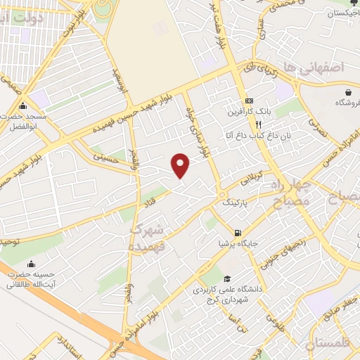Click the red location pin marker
[181, 166]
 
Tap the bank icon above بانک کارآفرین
[250, 101]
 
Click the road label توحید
[8, 242]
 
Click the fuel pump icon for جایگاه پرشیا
[237, 233]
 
